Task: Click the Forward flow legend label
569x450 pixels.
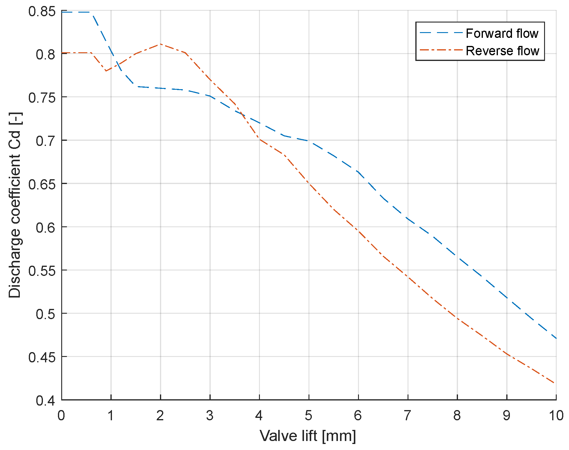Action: (502, 33)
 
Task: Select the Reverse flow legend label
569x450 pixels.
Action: (502, 51)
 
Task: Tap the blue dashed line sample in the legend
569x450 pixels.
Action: (440, 33)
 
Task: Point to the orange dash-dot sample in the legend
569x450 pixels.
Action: (440, 50)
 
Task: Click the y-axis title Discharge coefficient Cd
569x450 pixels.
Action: (14, 205)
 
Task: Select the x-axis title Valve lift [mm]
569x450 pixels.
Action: (308, 436)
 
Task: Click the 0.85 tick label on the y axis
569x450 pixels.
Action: (42, 12)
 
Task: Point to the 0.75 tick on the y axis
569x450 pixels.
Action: (42, 98)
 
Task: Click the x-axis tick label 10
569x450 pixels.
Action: (556, 415)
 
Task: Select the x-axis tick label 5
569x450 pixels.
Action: (309, 415)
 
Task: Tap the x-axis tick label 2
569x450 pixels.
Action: (160, 415)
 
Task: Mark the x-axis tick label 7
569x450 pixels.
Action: (408, 415)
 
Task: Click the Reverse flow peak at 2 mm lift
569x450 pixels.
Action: (161, 44)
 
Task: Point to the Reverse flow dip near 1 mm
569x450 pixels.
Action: (106, 71)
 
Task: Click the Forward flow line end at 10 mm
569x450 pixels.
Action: (556, 338)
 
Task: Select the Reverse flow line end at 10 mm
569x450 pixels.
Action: (554, 383)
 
